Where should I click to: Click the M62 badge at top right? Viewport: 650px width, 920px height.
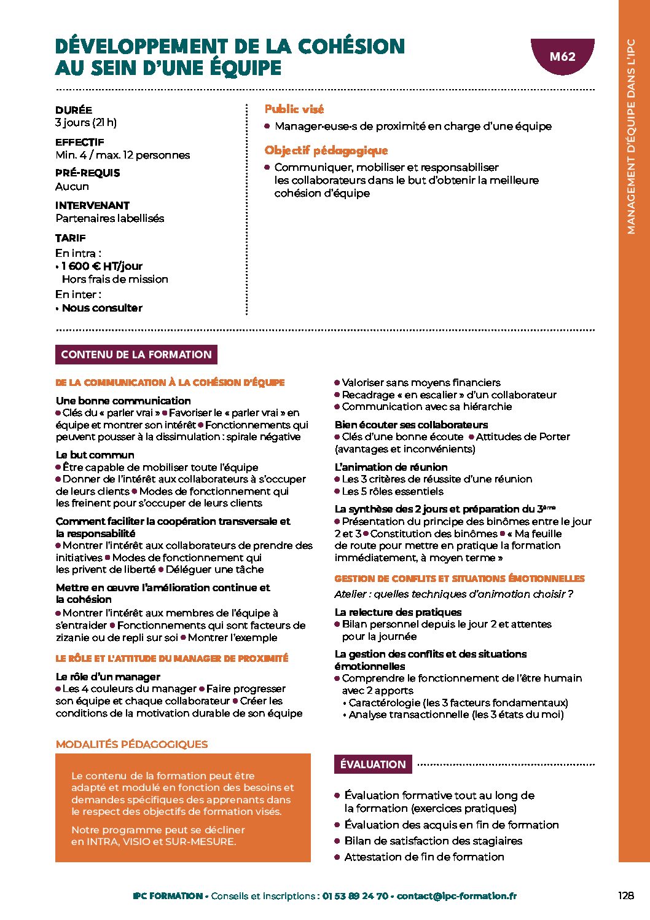(x=562, y=57)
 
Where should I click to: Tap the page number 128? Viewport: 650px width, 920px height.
(x=625, y=895)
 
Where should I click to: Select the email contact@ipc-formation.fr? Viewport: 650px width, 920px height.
(x=456, y=896)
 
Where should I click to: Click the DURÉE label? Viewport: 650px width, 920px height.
(x=74, y=110)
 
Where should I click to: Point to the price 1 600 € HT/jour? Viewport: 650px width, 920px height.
(x=102, y=266)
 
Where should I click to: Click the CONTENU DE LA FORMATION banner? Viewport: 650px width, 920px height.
(x=136, y=355)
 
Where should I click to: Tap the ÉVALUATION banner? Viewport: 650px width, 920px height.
(x=373, y=764)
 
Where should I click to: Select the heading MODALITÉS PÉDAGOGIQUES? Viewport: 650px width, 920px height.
(x=131, y=744)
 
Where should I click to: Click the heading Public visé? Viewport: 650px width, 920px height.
(x=294, y=109)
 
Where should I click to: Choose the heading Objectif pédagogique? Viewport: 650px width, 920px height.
(x=326, y=151)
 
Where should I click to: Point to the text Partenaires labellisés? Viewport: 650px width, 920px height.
(x=110, y=218)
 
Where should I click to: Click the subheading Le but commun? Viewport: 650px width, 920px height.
(x=95, y=455)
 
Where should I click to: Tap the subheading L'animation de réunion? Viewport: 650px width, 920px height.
(x=391, y=467)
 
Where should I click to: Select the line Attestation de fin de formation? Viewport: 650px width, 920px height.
(x=424, y=857)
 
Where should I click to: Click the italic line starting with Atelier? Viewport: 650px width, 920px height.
(x=453, y=594)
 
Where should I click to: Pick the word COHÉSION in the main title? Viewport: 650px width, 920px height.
(x=351, y=47)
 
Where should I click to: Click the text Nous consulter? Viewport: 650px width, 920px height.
(x=102, y=308)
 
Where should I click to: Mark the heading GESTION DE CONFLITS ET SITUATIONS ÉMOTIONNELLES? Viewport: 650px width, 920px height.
(x=459, y=578)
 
